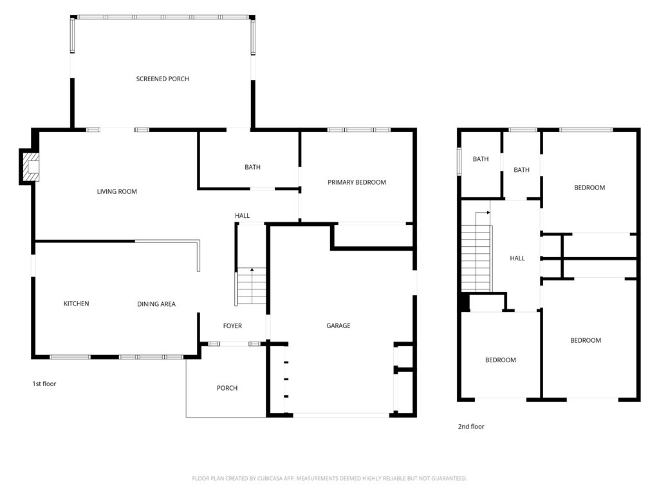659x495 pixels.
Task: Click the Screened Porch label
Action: click(x=163, y=79)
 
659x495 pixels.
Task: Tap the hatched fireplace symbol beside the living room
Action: click(x=31, y=167)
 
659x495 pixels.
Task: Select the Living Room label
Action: click(x=117, y=191)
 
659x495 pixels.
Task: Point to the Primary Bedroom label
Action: click(x=357, y=182)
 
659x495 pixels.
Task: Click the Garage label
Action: click(x=339, y=325)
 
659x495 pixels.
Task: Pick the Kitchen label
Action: click(x=76, y=304)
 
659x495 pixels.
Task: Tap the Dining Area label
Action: click(x=156, y=304)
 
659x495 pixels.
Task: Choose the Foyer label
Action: click(x=232, y=325)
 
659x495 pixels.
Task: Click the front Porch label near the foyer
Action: click(x=227, y=388)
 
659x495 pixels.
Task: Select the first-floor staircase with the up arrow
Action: click(x=252, y=286)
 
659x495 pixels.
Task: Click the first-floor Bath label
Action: click(x=252, y=167)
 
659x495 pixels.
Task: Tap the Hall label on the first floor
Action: click(x=242, y=215)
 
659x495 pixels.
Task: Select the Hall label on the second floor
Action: click(x=517, y=258)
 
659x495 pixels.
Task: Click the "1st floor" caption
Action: click(x=44, y=383)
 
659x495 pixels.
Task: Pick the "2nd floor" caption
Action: click(x=471, y=427)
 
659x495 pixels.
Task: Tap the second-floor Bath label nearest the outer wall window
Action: click(x=481, y=159)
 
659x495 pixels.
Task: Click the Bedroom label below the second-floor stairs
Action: click(x=501, y=360)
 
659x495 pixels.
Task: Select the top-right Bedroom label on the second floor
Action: click(x=589, y=188)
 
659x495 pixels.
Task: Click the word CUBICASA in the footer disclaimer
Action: click(x=272, y=479)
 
